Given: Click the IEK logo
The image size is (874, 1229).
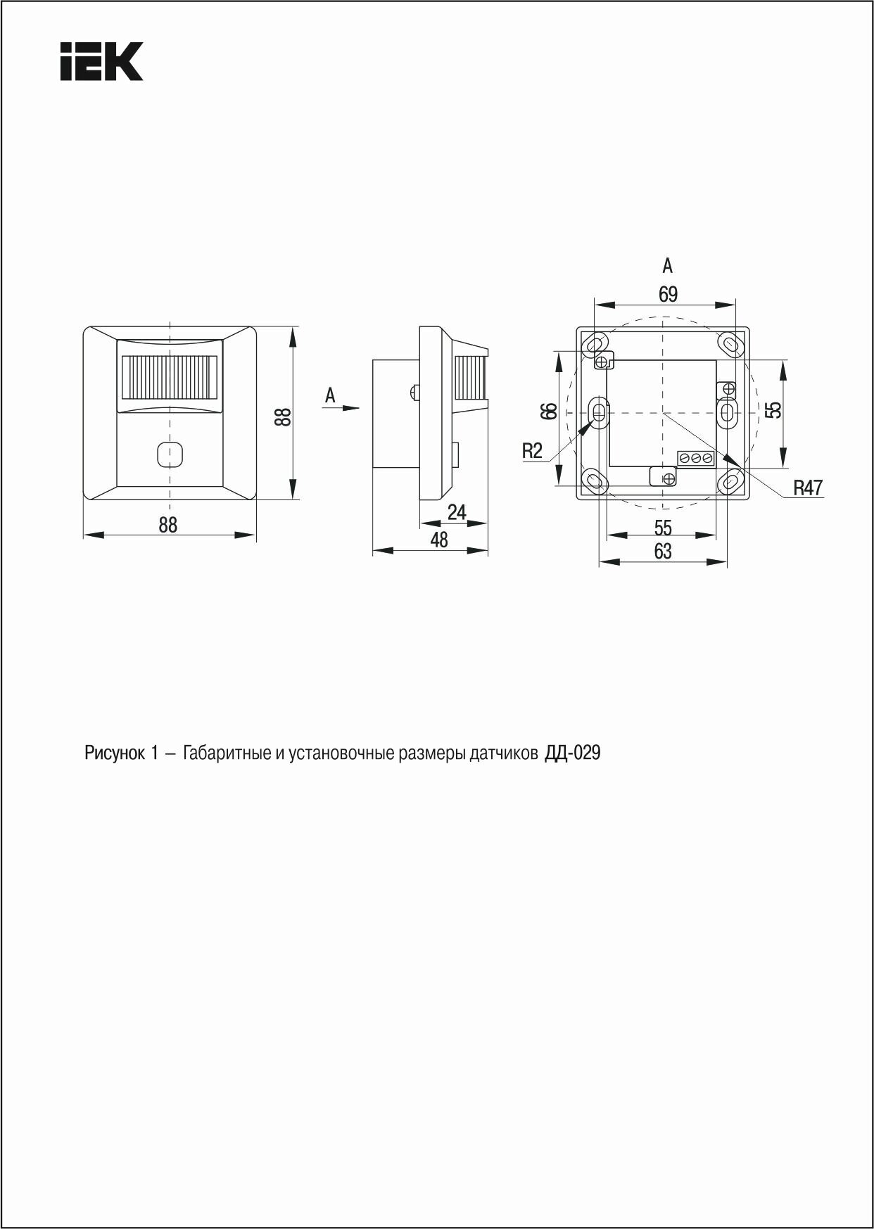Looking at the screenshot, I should click(x=102, y=62).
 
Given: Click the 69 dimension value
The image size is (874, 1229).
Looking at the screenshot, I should click(x=668, y=294).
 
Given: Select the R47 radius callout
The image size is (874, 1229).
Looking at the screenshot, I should click(x=808, y=488).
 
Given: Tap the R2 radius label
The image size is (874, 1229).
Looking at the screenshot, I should click(x=533, y=451).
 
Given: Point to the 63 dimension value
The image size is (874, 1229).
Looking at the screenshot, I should click(x=663, y=552).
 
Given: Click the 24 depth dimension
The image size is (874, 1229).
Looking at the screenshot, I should click(x=457, y=513).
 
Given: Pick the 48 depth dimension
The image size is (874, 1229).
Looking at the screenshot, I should click(x=439, y=540).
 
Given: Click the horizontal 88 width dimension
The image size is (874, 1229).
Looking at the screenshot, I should click(x=168, y=525).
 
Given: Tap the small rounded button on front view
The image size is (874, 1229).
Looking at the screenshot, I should click(x=169, y=454).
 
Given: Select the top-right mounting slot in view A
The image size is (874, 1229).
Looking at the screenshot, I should click(x=730, y=344).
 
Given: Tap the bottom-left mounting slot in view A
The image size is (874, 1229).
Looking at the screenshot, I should click(x=595, y=482).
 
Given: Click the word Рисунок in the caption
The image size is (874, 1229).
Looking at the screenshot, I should click(x=114, y=753).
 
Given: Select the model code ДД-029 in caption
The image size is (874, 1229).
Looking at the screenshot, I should click(x=572, y=753).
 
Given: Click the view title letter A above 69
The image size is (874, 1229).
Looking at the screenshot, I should click(x=668, y=266).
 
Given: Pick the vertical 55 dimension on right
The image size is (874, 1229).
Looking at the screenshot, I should click(x=774, y=409).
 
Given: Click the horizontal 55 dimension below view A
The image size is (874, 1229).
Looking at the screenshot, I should click(x=663, y=527).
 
